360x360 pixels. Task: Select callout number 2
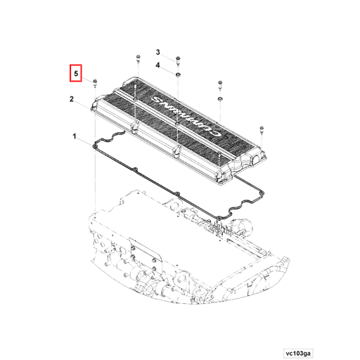pos(72,100)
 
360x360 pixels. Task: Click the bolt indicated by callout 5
pos(95,82)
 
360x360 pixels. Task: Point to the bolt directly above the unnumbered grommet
pos(220,86)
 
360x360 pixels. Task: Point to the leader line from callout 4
pos(169,67)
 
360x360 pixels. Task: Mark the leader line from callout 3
pos(169,55)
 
